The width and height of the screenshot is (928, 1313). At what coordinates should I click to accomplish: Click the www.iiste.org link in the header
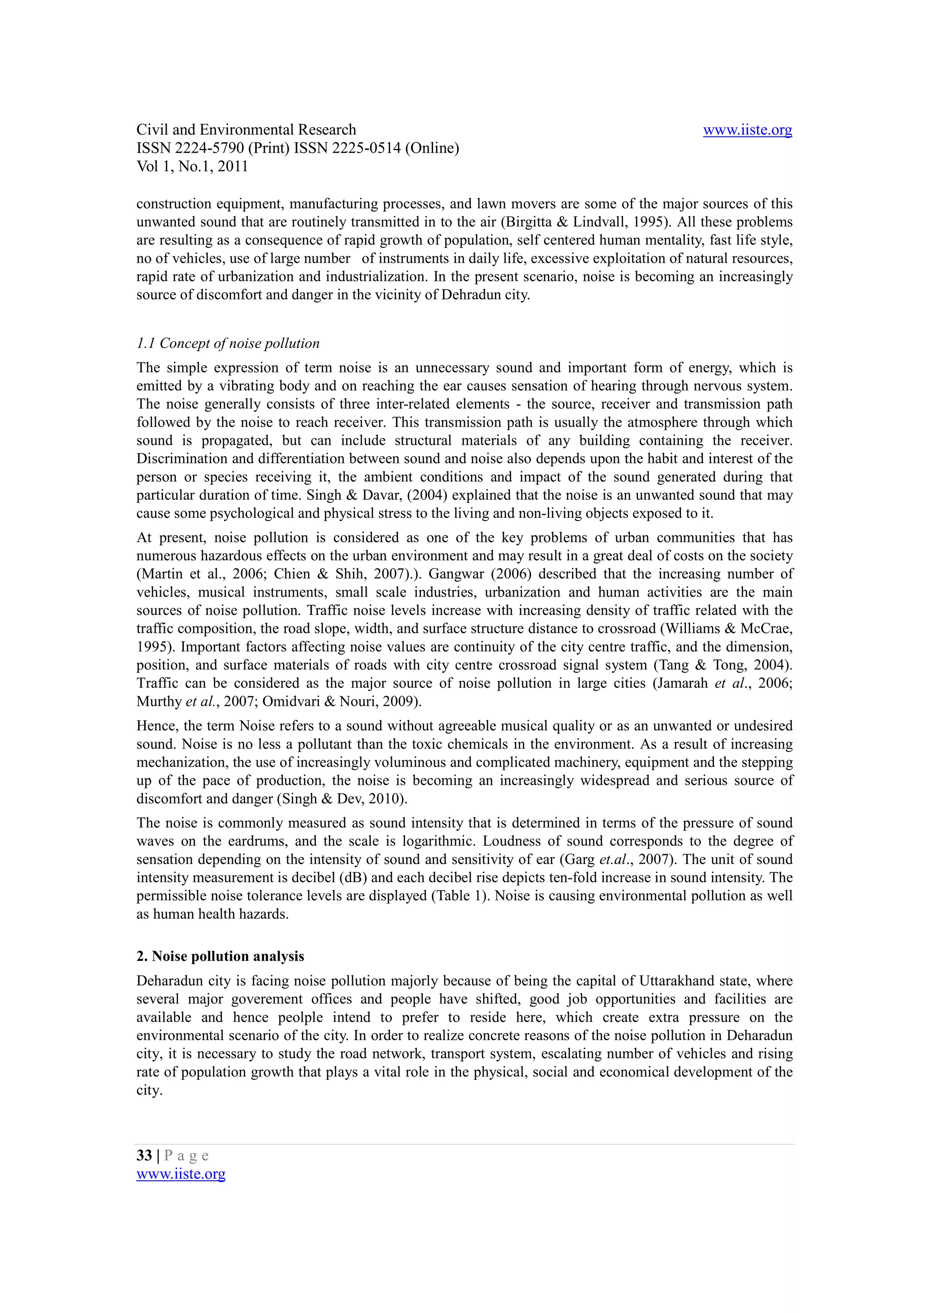click(x=747, y=130)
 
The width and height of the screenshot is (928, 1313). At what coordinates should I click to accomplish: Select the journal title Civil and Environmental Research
click(x=246, y=130)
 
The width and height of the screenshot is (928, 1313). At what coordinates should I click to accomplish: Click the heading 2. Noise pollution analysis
click(x=220, y=956)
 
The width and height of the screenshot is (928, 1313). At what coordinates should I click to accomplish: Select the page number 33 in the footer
click(x=144, y=1156)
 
